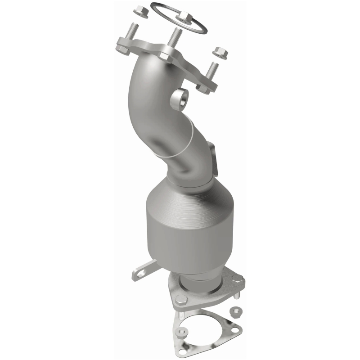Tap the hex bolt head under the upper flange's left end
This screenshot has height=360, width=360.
122,45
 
